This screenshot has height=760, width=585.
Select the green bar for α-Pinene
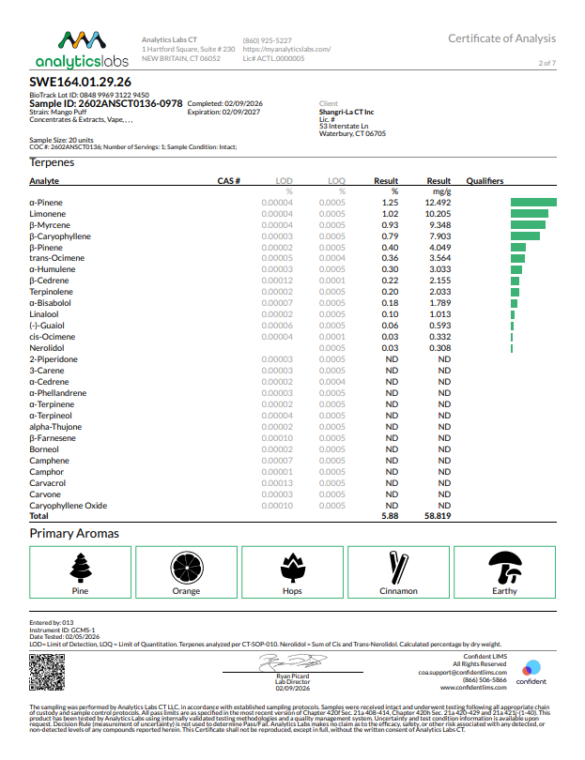pyautogui.click(x=533, y=203)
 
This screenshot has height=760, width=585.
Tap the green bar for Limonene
pyautogui.click(x=529, y=214)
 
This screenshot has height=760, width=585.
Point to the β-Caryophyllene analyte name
pyautogui.click(x=60, y=236)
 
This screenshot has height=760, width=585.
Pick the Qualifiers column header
pyautogui.click(x=485, y=181)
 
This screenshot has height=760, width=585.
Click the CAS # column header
pyautogui.click(x=229, y=181)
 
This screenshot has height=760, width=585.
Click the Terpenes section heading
pyautogui.click(x=53, y=162)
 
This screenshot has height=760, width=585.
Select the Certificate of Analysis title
pyautogui.click(x=501, y=38)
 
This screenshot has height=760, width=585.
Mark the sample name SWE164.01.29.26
pyautogui.click(x=80, y=83)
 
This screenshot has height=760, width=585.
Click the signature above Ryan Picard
pyautogui.click(x=292, y=662)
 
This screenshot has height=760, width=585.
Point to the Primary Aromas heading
pyautogui.click(x=74, y=533)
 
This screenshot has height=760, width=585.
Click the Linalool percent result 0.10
pyautogui.click(x=388, y=314)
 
